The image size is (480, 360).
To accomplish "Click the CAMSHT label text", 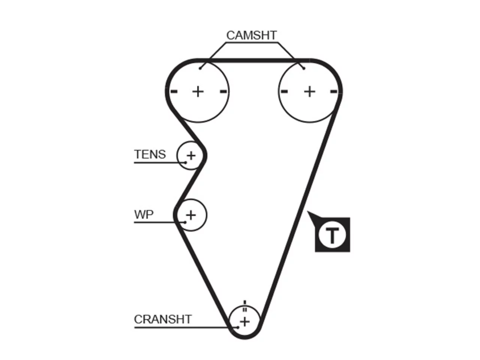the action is pos(252,35).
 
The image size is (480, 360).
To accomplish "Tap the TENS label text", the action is pos(150,154).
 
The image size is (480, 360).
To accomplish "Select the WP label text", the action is pos(144,214).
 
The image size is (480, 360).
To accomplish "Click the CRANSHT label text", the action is pos(163,319).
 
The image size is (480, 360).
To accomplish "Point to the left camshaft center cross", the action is pos(198,91).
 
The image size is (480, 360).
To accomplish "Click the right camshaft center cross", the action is pos(310,91).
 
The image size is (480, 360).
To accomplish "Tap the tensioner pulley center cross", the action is pos(191,156).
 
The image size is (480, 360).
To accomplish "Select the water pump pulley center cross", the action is pos(191,215).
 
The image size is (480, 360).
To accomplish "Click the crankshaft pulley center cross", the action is pos(245,322).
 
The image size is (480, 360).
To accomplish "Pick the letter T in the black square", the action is pos(332,235).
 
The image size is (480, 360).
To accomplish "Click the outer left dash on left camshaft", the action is pos(174,91).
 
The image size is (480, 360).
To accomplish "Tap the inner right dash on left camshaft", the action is pos(223,91).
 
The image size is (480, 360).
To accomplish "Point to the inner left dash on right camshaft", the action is pos(284,91).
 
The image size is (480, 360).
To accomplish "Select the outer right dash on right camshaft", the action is pos(334,91).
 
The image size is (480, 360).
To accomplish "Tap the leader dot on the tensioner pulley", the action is pos(186,162).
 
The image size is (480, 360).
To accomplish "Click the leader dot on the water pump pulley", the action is pos(185,222).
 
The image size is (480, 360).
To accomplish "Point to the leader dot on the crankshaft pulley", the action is pos(238,327).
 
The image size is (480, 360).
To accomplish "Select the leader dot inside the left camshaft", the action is pos(200,68).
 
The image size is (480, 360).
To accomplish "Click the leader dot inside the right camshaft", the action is pos(304,68).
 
